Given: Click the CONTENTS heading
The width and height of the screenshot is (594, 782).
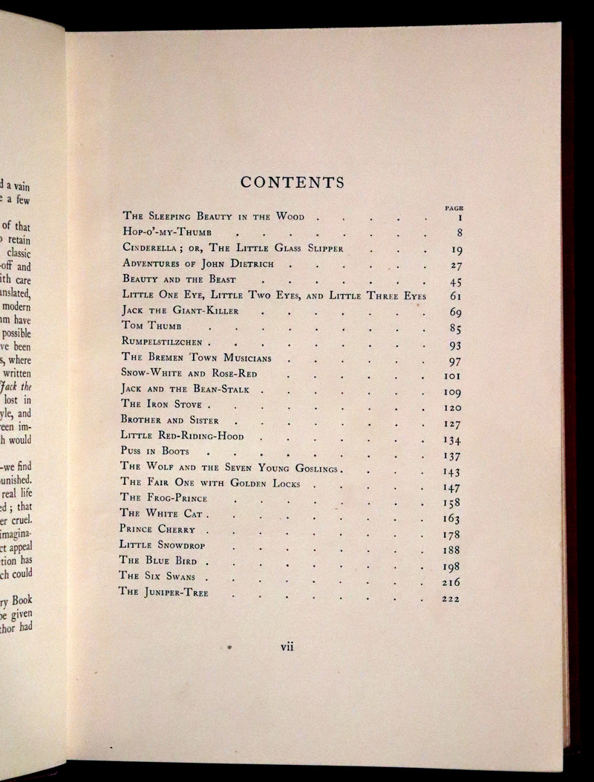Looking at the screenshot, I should [291, 182].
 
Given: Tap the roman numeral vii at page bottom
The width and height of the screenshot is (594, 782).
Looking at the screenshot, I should [287, 646].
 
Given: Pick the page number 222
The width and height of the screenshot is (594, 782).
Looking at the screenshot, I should [450, 598].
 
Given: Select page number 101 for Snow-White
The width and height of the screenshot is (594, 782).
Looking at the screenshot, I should [451, 375].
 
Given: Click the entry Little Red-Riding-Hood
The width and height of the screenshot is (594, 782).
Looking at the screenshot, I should [182, 436].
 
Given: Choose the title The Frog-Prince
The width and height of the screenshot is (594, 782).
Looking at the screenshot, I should [163, 497].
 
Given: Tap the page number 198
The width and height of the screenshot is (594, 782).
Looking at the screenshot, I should [451, 566].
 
